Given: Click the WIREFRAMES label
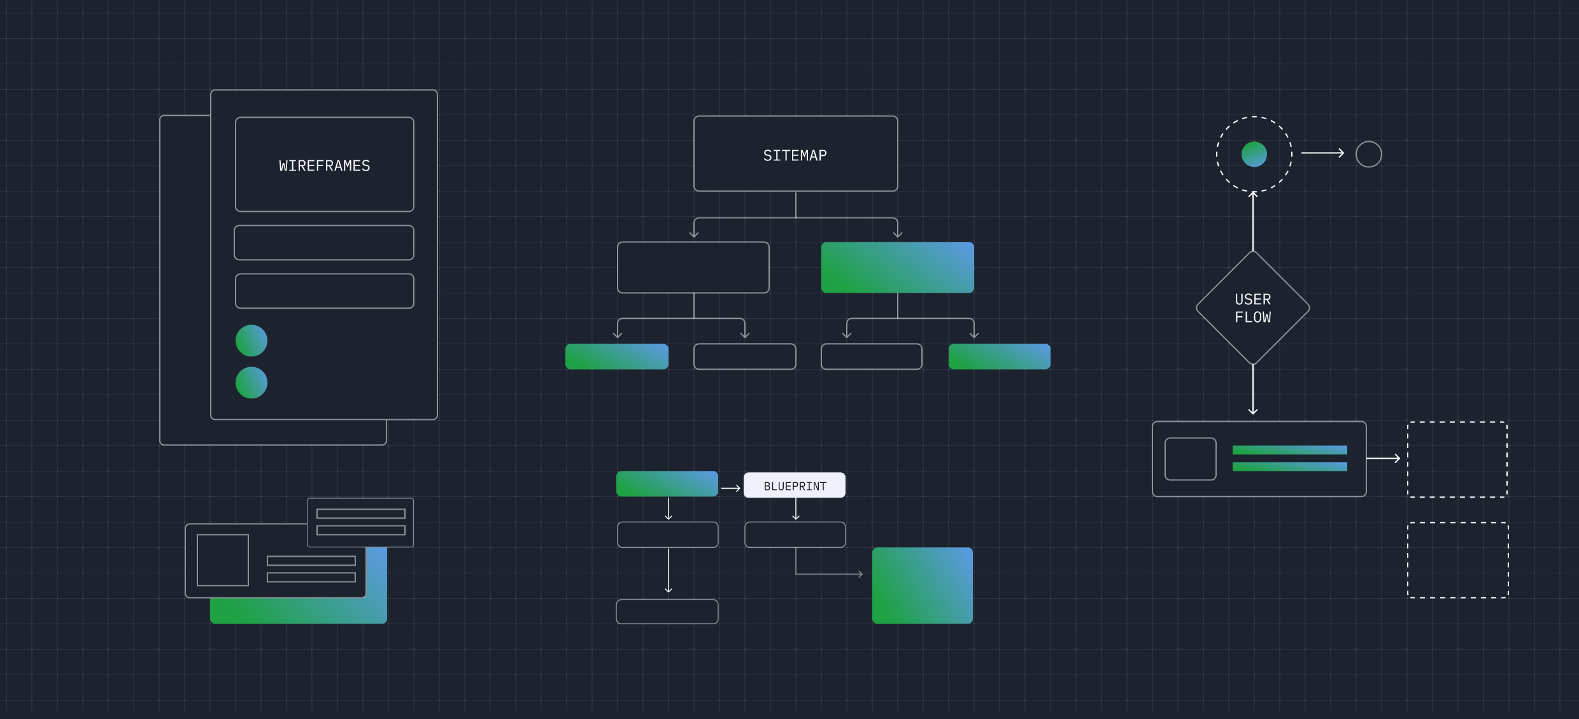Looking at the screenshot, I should click(324, 166).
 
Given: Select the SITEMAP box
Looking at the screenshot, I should click(795, 154).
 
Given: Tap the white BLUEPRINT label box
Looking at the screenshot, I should click(794, 485).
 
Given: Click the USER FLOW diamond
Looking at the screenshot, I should click(1252, 308).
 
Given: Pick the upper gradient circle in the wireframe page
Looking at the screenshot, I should click(251, 340).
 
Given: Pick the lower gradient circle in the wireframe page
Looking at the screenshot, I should click(251, 382).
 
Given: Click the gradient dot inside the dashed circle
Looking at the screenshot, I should click(1254, 154).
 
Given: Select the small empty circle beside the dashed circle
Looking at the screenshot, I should click(1368, 154).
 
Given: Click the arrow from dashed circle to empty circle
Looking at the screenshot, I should click(1322, 153).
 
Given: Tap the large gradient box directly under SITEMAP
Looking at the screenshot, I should click(897, 267).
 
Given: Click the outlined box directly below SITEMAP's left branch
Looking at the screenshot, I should click(693, 267).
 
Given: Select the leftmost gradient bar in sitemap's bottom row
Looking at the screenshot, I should click(616, 356).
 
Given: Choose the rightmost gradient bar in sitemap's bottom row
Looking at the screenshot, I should click(999, 356).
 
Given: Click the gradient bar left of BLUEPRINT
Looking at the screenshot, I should click(667, 484).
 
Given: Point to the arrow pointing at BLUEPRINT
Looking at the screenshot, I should click(730, 488).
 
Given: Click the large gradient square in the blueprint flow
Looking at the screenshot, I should click(922, 585).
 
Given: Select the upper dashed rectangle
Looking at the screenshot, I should click(1457, 459).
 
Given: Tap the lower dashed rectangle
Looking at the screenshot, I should click(1457, 560).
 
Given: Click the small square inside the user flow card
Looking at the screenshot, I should click(1190, 459).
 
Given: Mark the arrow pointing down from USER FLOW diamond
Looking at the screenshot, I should click(1252, 389).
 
